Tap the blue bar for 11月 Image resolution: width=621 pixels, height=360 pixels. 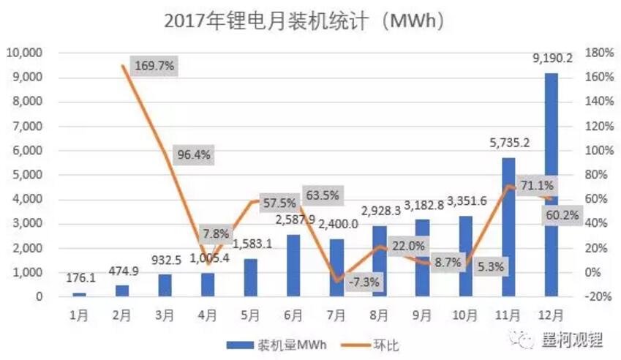click(x=508, y=227)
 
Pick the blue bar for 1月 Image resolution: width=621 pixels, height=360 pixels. click(x=79, y=294)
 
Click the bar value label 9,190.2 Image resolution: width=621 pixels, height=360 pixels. click(x=551, y=59)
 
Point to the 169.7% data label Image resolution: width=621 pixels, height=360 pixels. click(x=154, y=66)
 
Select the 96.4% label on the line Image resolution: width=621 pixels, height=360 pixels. click(x=195, y=155)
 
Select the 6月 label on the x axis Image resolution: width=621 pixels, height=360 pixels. click(x=293, y=315)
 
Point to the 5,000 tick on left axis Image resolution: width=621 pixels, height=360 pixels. click(x=27, y=175)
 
